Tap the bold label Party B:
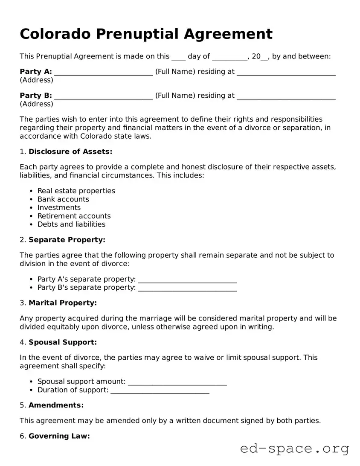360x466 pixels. [x=36, y=96]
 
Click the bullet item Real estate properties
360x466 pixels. [x=76, y=191]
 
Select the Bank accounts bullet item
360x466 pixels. [x=63, y=199]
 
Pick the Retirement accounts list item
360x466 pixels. [x=74, y=216]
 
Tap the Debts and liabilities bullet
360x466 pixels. [x=71, y=224]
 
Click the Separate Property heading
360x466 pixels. [x=67, y=240]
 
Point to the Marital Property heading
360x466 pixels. [x=63, y=303]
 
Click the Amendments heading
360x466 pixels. [x=56, y=405]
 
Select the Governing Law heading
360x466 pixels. [x=59, y=436]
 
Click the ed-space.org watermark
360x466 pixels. [x=294, y=449]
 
